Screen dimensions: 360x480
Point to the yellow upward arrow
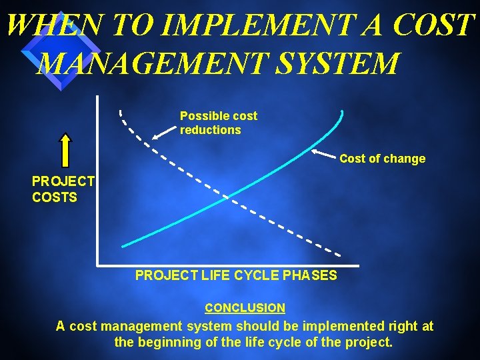coord(65,149)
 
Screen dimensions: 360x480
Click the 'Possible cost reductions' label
coord(218,123)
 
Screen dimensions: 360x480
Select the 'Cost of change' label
coord(382,159)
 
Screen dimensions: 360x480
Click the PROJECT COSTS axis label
coord(63,189)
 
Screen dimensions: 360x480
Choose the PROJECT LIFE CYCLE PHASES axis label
coord(236,275)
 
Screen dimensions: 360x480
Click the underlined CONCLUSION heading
coord(245,308)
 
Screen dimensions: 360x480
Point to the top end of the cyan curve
coord(342,112)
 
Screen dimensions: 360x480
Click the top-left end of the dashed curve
coord(121,110)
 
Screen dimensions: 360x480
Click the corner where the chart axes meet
coord(97,264)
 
